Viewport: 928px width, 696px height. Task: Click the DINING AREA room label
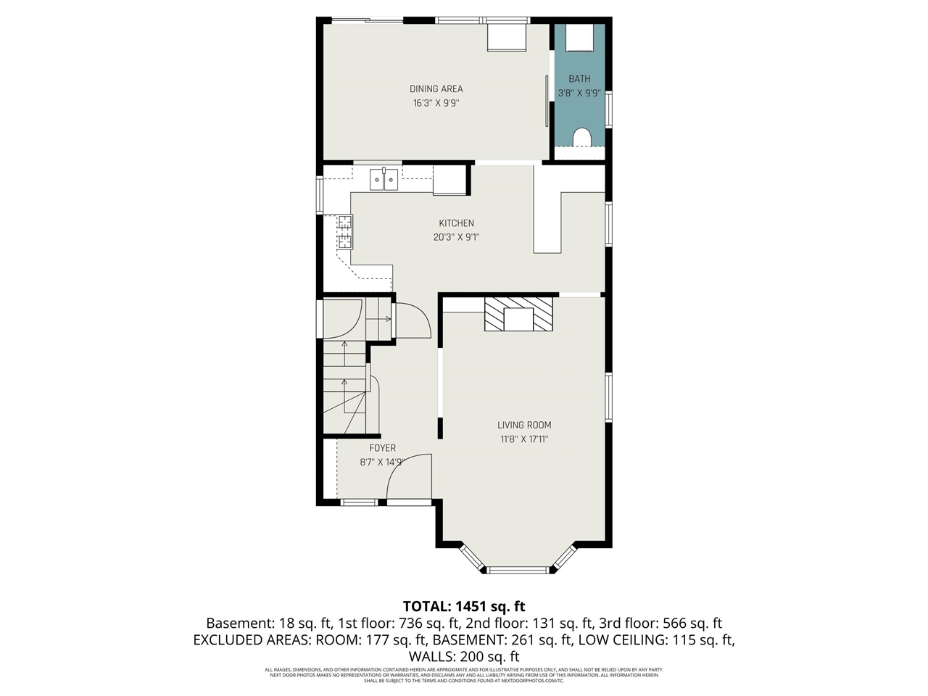tap(436, 89)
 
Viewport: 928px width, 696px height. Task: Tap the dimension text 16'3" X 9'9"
tap(436, 104)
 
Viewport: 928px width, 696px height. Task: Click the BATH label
tap(579, 79)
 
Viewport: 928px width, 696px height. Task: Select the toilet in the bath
tap(581, 136)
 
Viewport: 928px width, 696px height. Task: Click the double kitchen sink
tap(384, 179)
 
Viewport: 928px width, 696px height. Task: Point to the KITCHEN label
tap(456, 223)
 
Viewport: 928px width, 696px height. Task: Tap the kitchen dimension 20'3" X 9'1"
tap(456, 237)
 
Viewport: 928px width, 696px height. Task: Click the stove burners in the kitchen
tap(344, 232)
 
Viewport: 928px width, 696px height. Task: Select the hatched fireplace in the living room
tap(518, 314)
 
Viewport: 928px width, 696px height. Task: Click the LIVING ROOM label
tap(524, 426)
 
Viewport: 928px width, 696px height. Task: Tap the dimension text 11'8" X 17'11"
tap(524, 439)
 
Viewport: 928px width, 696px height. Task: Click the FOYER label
tap(382, 448)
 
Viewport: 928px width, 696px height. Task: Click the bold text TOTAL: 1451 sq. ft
tap(464, 606)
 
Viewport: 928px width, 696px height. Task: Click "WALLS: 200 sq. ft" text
tap(464, 657)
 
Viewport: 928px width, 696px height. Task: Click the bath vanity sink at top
tap(580, 38)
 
